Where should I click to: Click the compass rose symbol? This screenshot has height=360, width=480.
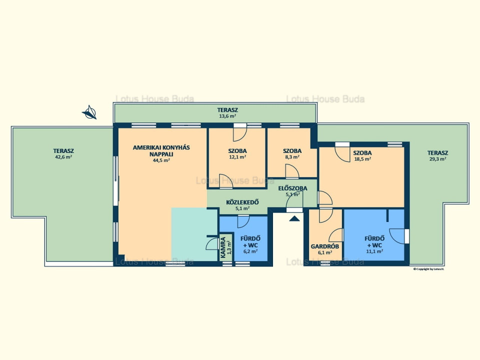click(x=89, y=112)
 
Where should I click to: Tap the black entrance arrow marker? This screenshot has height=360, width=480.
click(x=294, y=218)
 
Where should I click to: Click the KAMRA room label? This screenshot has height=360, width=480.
click(x=223, y=247)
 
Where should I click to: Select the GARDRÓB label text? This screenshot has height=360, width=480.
click(x=325, y=246)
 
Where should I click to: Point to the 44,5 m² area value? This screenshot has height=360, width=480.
click(x=161, y=160)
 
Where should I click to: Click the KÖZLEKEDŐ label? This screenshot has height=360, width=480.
click(x=242, y=202)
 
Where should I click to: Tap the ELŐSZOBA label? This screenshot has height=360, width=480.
click(x=292, y=188)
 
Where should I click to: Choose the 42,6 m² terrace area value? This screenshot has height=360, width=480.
click(x=63, y=157)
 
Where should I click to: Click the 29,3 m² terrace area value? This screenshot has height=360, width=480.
click(x=438, y=159)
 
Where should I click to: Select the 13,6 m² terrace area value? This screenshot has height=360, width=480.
click(x=227, y=116)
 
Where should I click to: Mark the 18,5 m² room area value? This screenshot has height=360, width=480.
click(x=362, y=159)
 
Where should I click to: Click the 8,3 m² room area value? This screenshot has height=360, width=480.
click(x=292, y=157)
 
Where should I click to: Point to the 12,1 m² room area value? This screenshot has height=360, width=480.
click(x=237, y=157)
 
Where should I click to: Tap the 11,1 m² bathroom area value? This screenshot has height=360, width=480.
click(x=374, y=251)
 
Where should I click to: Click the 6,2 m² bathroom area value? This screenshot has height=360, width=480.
click(x=250, y=251)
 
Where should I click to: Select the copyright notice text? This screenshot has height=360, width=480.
click(x=428, y=269)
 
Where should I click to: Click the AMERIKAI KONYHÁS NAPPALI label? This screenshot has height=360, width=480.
click(x=161, y=150)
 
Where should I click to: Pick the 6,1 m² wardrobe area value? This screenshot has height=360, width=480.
click(x=325, y=252)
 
